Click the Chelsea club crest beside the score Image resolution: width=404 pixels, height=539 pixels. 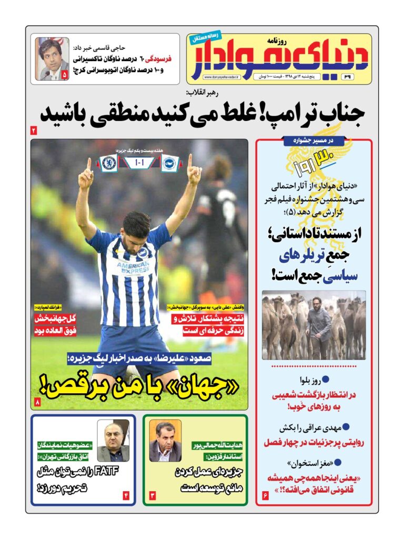pos(109,162)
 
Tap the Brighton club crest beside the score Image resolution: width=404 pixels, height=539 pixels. pos(170,162)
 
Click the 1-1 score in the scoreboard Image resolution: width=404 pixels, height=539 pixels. pos(139,162)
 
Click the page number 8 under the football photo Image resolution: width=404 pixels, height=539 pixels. pos(37,403)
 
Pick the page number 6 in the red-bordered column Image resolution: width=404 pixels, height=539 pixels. pos(265,496)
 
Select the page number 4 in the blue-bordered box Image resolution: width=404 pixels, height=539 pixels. pos(126,495)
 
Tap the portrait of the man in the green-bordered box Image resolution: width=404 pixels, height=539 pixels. pos(165,441)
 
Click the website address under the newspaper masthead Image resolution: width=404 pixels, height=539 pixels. pos(221,78)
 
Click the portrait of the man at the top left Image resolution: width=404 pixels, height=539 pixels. pos(52,58)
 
